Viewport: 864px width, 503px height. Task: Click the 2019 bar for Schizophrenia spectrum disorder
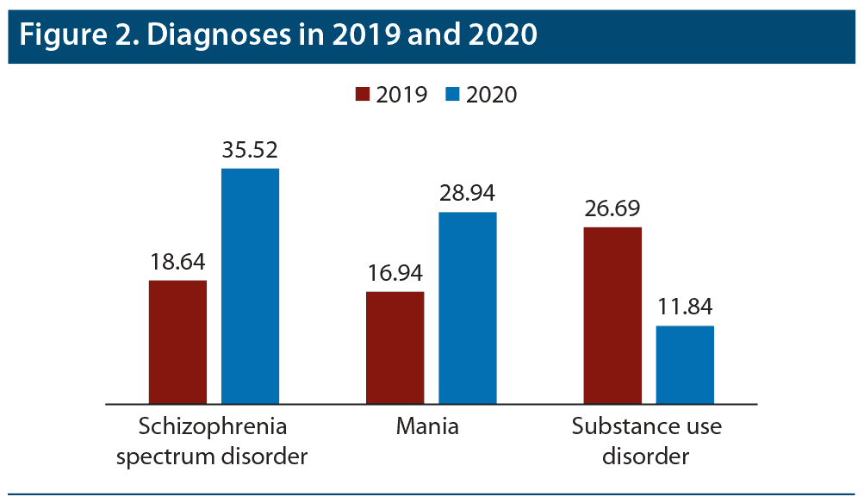(x=177, y=342)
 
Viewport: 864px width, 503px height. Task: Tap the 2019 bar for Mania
(x=395, y=348)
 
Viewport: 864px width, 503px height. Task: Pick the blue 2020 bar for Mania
(x=468, y=307)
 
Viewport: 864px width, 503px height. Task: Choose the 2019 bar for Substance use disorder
(x=612, y=315)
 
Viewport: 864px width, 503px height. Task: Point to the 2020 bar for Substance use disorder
(x=685, y=364)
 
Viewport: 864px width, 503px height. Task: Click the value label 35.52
(x=250, y=150)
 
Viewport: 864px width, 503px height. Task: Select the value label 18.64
(x=177, y=262)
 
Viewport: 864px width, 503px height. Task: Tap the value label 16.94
(x=395, y=274)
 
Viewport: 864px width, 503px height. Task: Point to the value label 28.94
(x=468, y=194)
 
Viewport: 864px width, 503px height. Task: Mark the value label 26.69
(x=612, y=209)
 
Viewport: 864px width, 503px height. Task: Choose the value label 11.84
(x=685, y=307)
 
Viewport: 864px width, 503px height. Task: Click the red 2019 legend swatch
(x=362, y=94)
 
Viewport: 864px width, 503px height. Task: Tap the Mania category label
(x=428, y=427)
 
